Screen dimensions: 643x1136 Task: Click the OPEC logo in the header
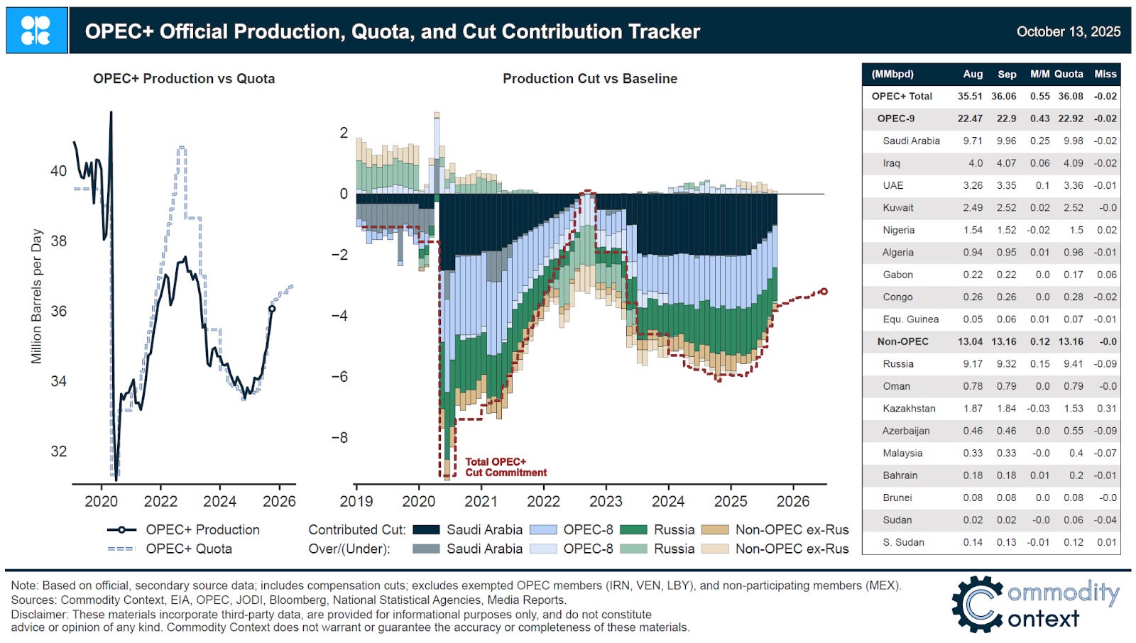(x=36, y=31)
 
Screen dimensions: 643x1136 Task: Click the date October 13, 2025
(x=1068, y=31)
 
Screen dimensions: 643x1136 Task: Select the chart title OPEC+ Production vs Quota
(x=184, y=79)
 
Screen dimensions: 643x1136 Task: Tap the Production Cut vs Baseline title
(x=589, y=79)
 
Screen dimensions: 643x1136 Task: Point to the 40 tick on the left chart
(x=58, y=171)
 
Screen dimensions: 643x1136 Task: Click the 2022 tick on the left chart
(x=160, y=502)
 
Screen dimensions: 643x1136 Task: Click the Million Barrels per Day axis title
(x=37, y=296)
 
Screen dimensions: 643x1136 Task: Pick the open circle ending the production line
(x=272, y=309)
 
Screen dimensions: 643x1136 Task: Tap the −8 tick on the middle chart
(x=339, y=438)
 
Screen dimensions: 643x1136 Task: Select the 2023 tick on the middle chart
(x=606, y=502)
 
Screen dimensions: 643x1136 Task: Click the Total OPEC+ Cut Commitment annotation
(x=506, y=467)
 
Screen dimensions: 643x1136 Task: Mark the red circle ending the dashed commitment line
(x=824, y=291)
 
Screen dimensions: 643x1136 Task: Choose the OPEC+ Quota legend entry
(x=189, y=549)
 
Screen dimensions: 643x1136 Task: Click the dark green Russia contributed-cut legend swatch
(x=633, y=529)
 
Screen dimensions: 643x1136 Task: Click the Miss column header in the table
(x=1105, y=74)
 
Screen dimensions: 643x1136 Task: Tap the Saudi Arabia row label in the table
(x=911, y=141)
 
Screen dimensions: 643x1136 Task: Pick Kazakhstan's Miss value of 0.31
(x=1105, y=408)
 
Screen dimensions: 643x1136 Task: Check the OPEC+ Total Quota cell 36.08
(x=1070, y=96)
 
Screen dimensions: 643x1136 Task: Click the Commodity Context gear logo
(x=978, y=604)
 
